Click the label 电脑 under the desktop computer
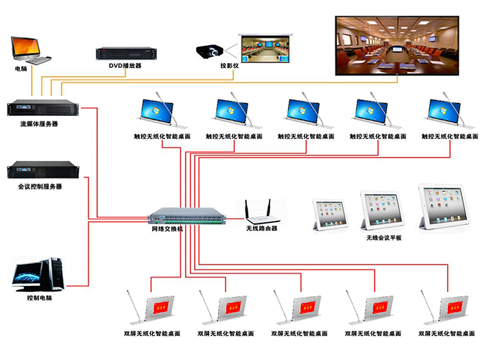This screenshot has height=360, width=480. point(22,69)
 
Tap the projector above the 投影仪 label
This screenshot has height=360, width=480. point(211,51)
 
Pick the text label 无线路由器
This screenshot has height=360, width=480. point(262,228)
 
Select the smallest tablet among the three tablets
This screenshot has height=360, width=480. point(327,215)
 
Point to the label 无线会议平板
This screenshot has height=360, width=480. point(384,238)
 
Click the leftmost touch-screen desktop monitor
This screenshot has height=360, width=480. point(158,113)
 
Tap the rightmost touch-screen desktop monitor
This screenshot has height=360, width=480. point(446,113)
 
